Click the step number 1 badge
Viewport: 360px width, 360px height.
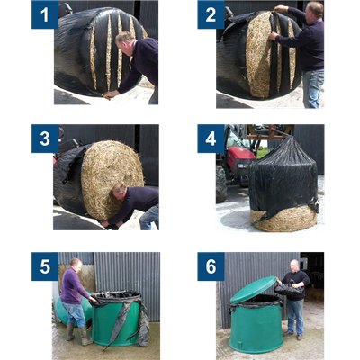[44, 14]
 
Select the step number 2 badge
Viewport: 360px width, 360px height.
[211, 14]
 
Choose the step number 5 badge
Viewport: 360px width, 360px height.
[44, 265]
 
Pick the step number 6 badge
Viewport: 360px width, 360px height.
[211, 265]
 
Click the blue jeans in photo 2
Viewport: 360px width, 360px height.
[312, 87]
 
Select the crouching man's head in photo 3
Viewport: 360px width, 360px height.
[119, 193]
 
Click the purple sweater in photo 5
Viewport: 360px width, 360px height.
[75, 286]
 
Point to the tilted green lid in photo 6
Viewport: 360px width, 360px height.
[255, 290]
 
